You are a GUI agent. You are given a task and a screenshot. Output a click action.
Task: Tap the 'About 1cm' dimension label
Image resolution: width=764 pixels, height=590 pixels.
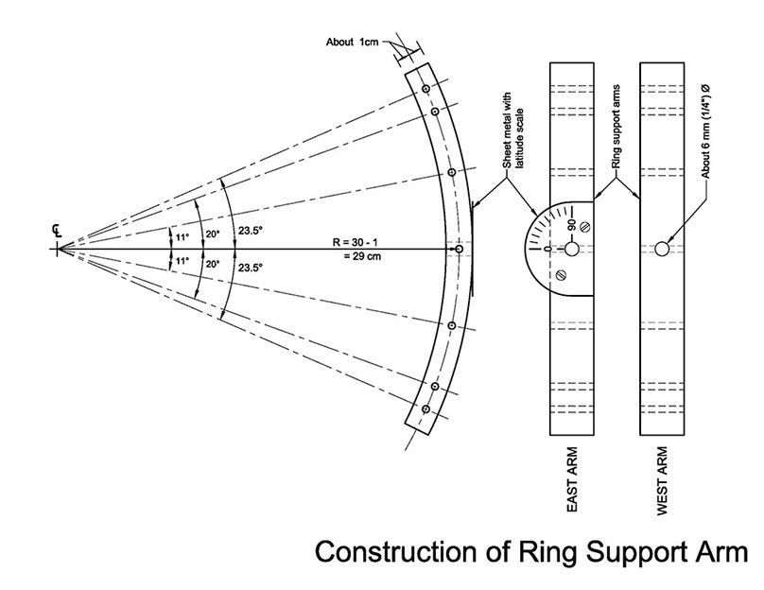click(x=352, y=43)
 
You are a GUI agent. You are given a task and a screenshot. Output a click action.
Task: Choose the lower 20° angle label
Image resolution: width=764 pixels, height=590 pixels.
click(x=212, y=266)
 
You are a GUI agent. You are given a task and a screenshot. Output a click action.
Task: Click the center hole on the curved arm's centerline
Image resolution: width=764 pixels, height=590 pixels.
click(x=459, y=249)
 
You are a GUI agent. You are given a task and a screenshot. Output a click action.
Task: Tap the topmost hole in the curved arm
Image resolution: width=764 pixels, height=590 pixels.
click(x=426, y=88)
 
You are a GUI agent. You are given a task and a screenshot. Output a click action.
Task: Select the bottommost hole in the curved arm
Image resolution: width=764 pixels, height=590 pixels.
click(x=426, y=409)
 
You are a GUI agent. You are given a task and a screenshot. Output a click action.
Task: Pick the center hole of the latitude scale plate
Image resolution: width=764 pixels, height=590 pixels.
click(x=571, y=249)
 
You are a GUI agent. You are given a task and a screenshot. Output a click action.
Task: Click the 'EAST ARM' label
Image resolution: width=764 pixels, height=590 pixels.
click(x=574, y=487)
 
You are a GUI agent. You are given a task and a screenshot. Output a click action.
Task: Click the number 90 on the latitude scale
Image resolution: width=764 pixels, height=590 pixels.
click(x=571, y=225)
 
